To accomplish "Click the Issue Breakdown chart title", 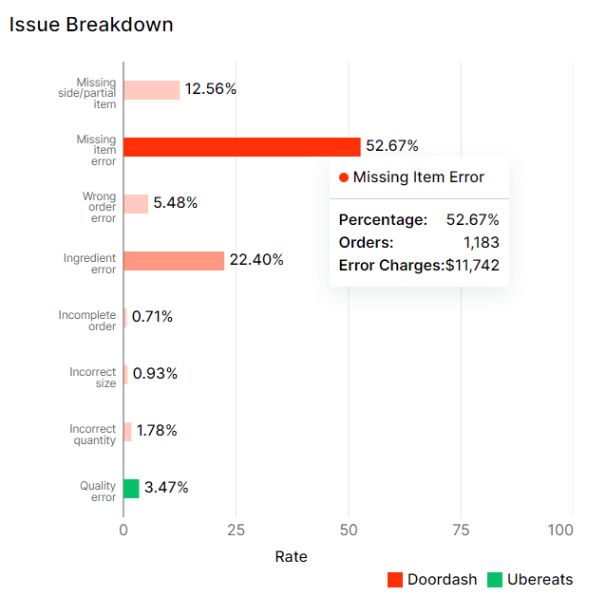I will click(x=91, y=25).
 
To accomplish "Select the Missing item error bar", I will click(x=241, y=147).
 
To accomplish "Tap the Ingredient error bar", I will click(x=174, y=261).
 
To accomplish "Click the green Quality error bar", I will click(x=131, y=489).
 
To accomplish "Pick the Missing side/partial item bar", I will click(x=151, y=90).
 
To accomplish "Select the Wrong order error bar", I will click(x=136, y=204).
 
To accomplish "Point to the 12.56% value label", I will click(x=210, y=89).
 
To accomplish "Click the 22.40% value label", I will click(x=256, y=260).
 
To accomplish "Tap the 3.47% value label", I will click(x=166, y=488).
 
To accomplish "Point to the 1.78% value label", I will click(x=157, y=431).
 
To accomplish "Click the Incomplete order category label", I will click(x=87, y=321).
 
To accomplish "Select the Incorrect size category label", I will click(x=93, y=378).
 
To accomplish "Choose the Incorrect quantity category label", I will click(x=93, y=435).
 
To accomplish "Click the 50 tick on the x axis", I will click(x=349, y=530).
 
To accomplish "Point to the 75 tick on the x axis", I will click(x=461, y=530).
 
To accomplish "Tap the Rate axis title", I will click(x=291, y=556).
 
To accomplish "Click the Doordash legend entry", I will click(x=432, y=580).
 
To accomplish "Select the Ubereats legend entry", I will click(x=530, y=580).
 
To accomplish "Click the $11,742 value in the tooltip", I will click(x=472, y=266).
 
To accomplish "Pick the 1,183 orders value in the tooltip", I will click(x=481, y=243).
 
